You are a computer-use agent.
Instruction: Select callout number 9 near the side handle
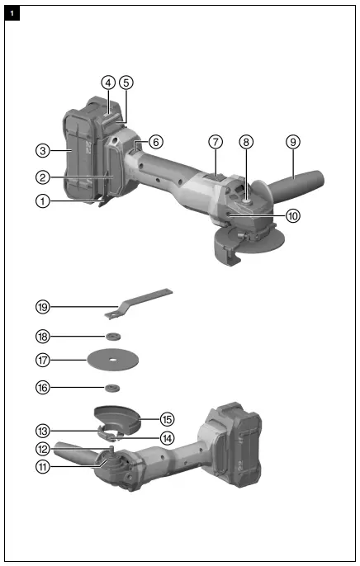tap(292, 141)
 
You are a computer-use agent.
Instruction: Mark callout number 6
tap(156, 141)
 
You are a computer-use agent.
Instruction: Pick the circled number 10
tap(293, 215)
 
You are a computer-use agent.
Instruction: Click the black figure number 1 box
tap(12, 12)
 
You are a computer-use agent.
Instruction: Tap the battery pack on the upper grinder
tap(87, 157)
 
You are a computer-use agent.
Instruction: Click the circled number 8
tap(245, 141)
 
